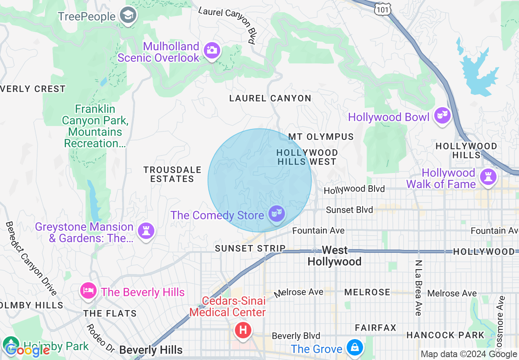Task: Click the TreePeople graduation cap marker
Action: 128,16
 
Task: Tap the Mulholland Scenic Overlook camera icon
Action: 212,51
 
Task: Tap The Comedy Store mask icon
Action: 277,214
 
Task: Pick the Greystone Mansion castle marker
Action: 146,231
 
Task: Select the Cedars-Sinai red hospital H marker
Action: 243,329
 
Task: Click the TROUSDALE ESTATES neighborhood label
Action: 172,174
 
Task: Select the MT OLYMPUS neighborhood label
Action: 321,137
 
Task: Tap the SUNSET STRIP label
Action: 250,248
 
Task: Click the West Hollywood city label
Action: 334,256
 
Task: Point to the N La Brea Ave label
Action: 418,288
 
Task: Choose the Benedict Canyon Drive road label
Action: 31,258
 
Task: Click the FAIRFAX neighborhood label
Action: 375,328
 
